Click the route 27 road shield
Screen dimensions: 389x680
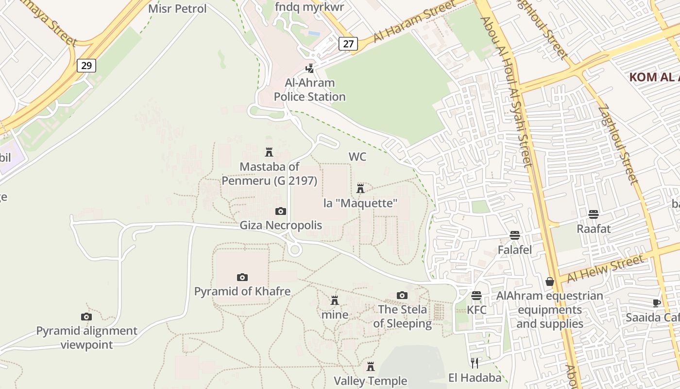pyautogui.click(x=348, y=44)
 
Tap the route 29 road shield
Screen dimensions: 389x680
pyautogui.click(x=86, y=65)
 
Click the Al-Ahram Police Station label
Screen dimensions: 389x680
pyautogui.click(x=309, y=90)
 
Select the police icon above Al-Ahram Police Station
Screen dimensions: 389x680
pyautogui.click(x=309, y=69)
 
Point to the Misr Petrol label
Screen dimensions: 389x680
pyautogui.click(x=177, y=9)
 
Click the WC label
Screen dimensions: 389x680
pyautogui.click(x=357, y=157)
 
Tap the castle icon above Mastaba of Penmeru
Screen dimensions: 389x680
pyautogui.click(x=269, y=152)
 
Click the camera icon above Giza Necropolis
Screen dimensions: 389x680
pyautogui.click(x=280, y=211)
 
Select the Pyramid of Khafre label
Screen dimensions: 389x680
pyautogui.click(x=242, y=291)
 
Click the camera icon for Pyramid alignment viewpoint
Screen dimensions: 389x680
pyautogui.click(x=86, y=317)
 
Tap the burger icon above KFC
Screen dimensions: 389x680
pyautogui.click(x=476, y=296)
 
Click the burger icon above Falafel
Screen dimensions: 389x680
pyautogui.click(x=515, y=236)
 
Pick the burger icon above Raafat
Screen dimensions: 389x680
pyautogui.click(x=594, y=214)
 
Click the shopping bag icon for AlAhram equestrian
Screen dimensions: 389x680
pyautogui.click(x=550, y=282)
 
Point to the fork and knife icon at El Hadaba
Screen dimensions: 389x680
pyautogui.click(x=475, y=363)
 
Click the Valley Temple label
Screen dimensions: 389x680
pyautogui.click(x=370, y=381)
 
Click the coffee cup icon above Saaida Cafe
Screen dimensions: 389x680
pyautogui.click(x=657, y=303)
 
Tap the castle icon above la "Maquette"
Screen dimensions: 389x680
pyautogui.click(x=360, y=189)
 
